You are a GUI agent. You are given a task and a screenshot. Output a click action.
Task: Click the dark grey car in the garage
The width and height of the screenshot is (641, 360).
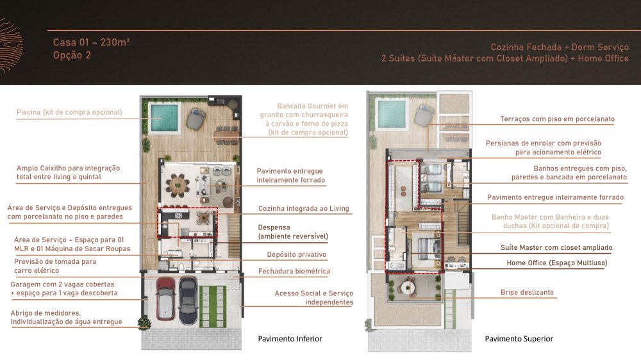coord(188,299)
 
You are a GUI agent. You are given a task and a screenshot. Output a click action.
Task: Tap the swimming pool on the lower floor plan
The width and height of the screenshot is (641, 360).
coord(164,118)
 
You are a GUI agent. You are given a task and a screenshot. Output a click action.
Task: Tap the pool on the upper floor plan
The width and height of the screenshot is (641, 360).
coord(392,113)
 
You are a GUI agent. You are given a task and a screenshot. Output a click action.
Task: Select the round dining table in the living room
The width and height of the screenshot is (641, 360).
coord(178,186)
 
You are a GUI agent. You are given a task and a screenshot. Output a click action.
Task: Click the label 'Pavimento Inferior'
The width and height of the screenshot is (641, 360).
coord(290,339)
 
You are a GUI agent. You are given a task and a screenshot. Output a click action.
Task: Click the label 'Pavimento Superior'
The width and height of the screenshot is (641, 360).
coord(519,339)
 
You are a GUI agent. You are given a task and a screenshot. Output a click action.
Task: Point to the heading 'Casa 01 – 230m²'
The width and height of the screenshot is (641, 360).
coord(91,42)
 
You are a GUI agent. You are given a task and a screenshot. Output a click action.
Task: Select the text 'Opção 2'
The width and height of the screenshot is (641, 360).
coord(72,55)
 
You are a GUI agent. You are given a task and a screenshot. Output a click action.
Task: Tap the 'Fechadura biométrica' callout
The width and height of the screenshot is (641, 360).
coord(294,271)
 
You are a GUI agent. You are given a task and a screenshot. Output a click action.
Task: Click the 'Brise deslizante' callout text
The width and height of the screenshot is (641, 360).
coord(527,292)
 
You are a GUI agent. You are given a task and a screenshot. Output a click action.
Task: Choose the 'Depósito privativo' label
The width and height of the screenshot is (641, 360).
coord(296,254)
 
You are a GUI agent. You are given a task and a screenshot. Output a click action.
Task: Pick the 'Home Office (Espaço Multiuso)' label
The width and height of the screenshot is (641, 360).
coord(557,263)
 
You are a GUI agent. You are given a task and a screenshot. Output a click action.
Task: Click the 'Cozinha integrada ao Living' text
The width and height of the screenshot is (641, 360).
coord(303,208)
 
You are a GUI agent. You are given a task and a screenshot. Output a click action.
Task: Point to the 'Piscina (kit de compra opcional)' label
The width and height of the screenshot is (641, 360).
coord(69,112)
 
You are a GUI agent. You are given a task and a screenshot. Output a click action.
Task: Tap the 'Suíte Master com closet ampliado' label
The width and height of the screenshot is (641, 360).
coord(556,247)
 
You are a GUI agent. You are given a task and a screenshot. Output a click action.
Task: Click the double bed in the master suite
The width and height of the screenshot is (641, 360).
coord(427,248)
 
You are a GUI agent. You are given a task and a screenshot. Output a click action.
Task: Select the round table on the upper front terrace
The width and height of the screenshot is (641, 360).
coord(407,288)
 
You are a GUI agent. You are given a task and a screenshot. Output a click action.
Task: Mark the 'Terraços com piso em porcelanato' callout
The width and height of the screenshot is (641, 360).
coord(557,119)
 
